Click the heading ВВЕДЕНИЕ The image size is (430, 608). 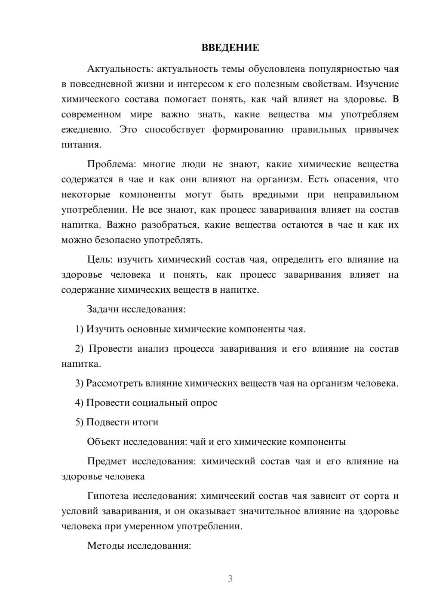[x=230, y=48]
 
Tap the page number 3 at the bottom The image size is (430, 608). [x=230, y=579]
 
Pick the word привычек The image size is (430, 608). [x=377, y=129]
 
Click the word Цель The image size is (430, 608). [x=99, y=259]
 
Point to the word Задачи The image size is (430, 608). [x=103, y=309]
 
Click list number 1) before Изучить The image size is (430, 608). [x=80, y=329]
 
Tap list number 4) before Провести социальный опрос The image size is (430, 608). [x=80, y=403]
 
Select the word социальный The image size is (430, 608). [x=161, y=403]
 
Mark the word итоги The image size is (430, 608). [x=145, y=422]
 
